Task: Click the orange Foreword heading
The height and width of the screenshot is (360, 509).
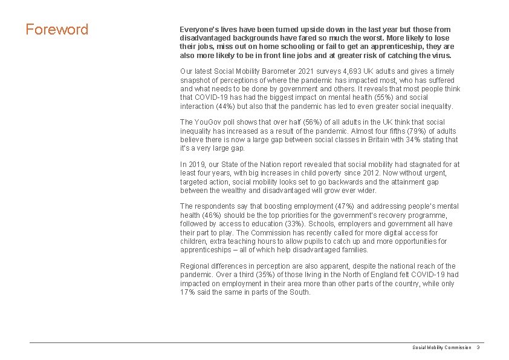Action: (x=57, y=29)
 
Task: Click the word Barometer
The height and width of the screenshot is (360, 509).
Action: (x=267, y=71)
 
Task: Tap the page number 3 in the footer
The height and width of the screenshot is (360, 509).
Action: (x=478, y=347)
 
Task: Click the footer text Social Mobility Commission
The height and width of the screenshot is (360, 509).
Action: (x=441, y=347)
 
